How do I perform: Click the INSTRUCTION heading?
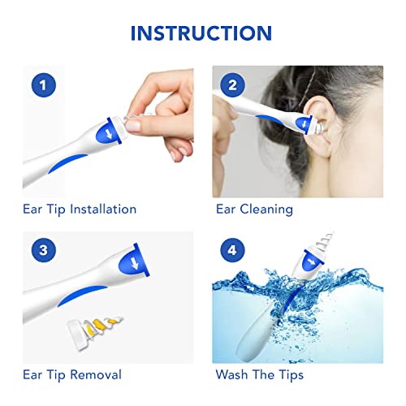tap(201, 32)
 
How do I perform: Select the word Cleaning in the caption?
tap(266, 209)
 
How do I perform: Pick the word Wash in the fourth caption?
tap(232, 374)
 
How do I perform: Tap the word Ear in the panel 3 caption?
tap(34, 374)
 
